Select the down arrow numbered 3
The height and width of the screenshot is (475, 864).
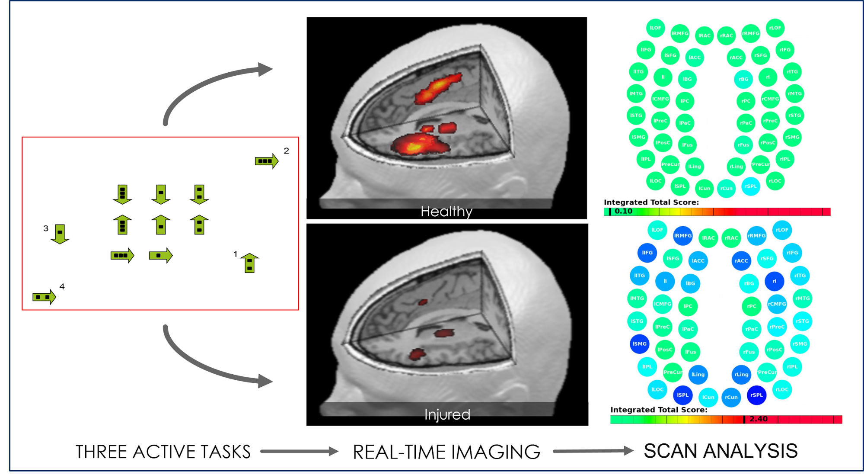point(60,234)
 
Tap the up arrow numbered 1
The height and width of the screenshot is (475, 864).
point(249,263)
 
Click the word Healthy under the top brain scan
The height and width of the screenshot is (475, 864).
point(446,212)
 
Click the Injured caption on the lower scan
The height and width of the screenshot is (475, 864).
point(447,414)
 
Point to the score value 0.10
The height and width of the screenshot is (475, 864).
point(623,212)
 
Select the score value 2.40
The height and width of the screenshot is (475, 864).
point(758,419)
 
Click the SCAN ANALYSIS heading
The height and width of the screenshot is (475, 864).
point(721,451)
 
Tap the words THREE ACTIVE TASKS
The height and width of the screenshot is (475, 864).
point(163,452)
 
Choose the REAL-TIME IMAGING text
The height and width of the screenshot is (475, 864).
point(446,452)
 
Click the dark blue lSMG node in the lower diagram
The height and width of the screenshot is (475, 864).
point(639,344)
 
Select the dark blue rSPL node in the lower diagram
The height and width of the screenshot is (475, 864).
point(756,395)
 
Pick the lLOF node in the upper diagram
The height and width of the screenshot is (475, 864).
point(655,28)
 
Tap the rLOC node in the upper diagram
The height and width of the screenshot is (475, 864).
point(775,181)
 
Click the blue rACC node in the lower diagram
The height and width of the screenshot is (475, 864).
point(741,261)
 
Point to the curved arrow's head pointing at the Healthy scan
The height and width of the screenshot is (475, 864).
point(265,69)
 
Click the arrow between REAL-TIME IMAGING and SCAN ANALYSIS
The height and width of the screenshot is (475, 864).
point(593,451)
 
